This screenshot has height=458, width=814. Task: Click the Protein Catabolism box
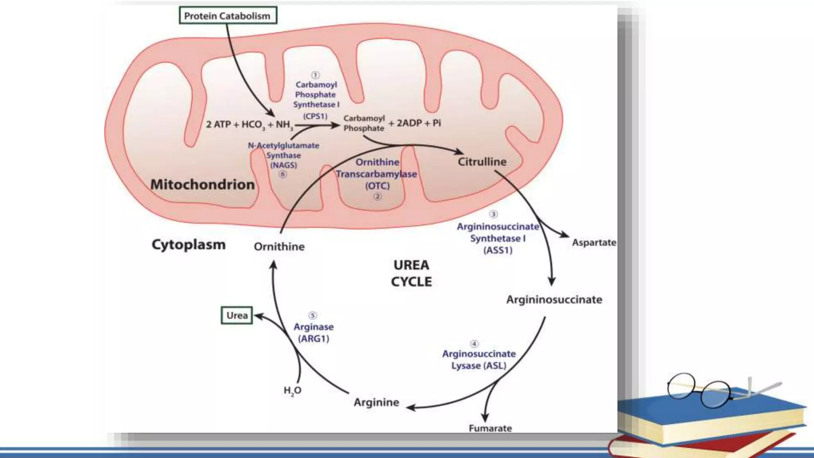coord(227,16)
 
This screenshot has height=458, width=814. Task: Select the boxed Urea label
coord(237,316)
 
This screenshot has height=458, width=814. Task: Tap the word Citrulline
coord(482,162)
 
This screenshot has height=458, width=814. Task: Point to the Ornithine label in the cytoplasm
coord(279,247)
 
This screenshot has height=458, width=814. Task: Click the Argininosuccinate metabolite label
coord(554,300)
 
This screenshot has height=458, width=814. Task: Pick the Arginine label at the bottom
coord(376,402)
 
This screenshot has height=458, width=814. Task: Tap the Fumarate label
coord(490,428)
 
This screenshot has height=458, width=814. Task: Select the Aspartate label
coord(594,243)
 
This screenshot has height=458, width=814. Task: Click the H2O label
coord(293,391)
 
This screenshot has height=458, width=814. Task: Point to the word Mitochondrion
coord(202,184)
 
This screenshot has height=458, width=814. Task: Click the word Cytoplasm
coord(188,245)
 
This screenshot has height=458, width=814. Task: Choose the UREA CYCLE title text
coord(411,274)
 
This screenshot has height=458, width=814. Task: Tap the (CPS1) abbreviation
coord(315,116)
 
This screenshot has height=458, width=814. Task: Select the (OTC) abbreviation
coord(377,186)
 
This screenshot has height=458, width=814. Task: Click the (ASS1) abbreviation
coord(498,250)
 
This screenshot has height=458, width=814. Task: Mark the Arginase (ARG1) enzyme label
coord(314,332)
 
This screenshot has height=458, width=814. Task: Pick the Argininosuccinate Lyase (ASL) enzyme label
coord(479,359)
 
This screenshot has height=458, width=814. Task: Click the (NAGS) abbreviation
coord(283,165)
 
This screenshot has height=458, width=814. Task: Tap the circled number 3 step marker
coord(493,214)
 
